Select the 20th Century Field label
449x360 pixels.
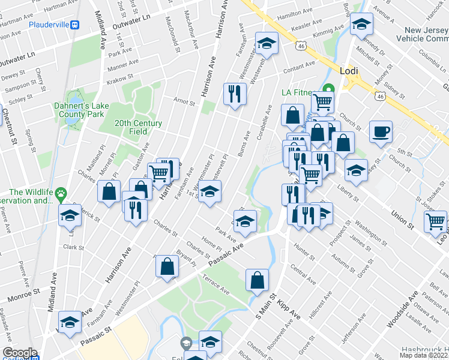[139, 127]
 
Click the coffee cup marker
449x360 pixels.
[381, 131]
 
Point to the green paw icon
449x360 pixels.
[61, 193]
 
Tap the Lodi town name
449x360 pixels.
[349, 70]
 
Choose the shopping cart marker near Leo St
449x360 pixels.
[435, 221]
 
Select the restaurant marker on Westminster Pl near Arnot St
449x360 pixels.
[234, 94]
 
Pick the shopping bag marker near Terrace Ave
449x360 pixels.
[257, 280]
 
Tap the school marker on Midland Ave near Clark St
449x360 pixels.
[70, 215]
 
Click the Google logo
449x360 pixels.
[19, 353]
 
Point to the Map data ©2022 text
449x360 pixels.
[424, 355]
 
